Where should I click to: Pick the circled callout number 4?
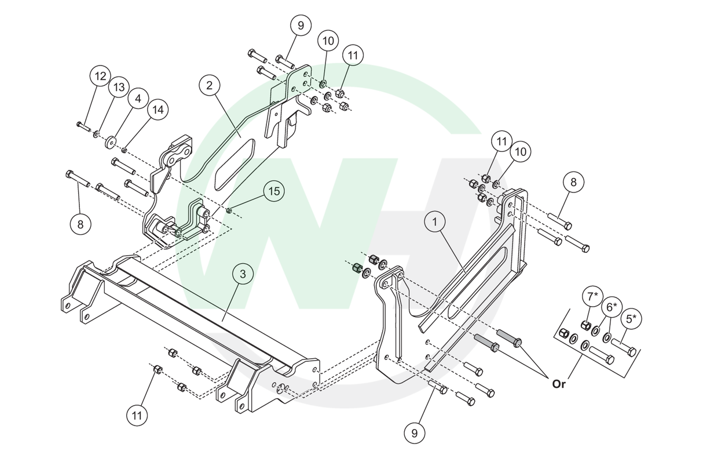tap(138, 100)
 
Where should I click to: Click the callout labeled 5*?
tap(631, 318)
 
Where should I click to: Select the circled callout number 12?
tap(101, 76)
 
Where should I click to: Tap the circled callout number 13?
tap(119, 88)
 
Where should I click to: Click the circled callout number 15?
tap(274, 191)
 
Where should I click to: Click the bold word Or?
tap(559, 384)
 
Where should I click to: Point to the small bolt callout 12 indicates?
tap(80, 125)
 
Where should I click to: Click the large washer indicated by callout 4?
tap(109, 141)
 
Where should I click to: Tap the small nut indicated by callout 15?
tap(230, 210)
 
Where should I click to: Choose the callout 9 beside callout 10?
tap(301, 26)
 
